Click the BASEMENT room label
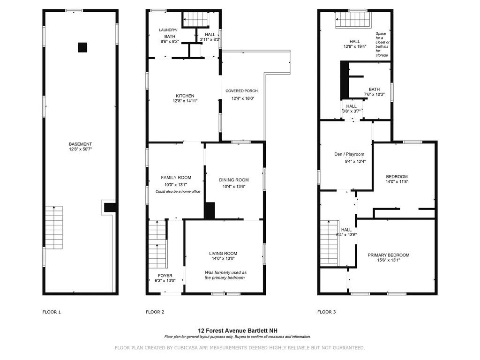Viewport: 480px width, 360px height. coord(80,144)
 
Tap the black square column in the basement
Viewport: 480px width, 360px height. coord(82,47)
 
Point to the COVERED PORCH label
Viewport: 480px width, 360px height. coord(241,91)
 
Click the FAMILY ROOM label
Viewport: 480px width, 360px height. coord(176,177)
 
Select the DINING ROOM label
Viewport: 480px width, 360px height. coord(234,180)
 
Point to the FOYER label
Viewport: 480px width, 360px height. coord(165,276)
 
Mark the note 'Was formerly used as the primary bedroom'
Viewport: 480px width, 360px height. coord(225,275)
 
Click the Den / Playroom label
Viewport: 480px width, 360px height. coord(349,154)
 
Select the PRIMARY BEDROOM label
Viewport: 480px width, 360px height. coord(388,255)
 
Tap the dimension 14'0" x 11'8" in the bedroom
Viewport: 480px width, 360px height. coord(397,182)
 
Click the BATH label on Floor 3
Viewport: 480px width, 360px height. coord(374,90)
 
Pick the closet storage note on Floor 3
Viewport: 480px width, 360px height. coord(382,45)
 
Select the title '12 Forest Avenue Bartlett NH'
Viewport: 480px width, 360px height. coord(237,330)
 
